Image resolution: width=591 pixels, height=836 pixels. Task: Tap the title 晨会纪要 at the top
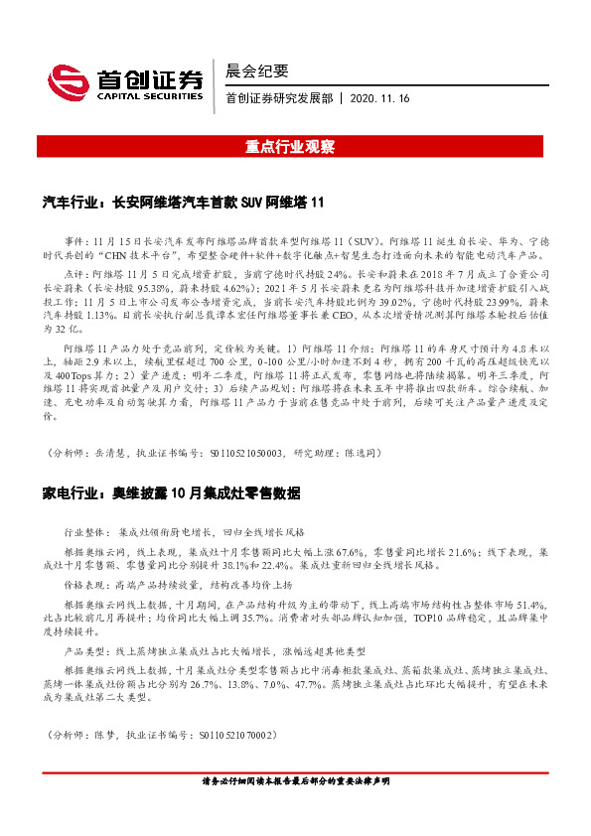pos(256,70)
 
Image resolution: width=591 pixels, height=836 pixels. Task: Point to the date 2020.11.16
pos(380,98)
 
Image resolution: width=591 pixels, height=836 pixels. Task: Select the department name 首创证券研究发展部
pos(280,98)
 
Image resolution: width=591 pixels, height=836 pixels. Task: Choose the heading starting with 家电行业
pos(170,492)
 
